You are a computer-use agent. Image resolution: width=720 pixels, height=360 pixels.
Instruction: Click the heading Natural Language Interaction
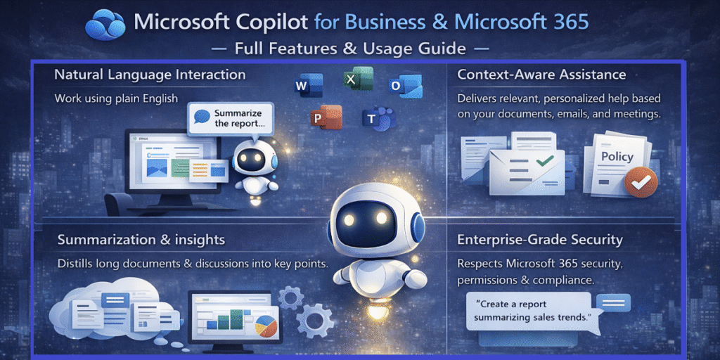(150, 75)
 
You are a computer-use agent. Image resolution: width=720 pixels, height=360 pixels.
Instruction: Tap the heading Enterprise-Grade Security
(540, 240)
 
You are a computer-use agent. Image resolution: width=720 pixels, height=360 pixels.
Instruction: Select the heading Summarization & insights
(141, 240)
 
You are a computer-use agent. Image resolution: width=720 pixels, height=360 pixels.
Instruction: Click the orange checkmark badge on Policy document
(641, 182)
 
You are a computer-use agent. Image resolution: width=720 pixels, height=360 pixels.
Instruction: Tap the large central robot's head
(370, 217)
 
